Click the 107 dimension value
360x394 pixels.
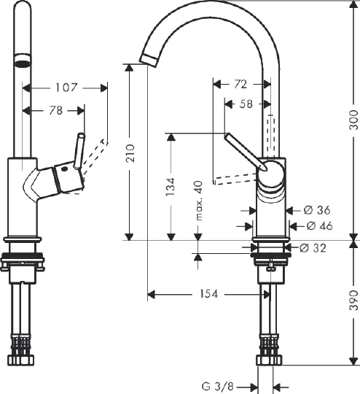pyautogui.click(x=66, y=88)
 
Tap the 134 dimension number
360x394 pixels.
pyautogui.click(x=170, y=187)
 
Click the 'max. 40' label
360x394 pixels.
pyautogui.click(x=197, y=201)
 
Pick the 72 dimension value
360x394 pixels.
pyautogui.click(x=240, y=85)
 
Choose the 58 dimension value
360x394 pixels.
pyautogui.click(x=246, y=104)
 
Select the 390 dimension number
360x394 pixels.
pyautogui.click(x=353, y=302)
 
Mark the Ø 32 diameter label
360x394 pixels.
pyautogui.click(x=311, y=248)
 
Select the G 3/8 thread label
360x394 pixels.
pyautogui.click(x=216, y=386)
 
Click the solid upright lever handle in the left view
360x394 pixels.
pyautogui.click(x=77, y=150)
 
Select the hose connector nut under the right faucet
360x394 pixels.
pyautogui.click(x=268, y=360)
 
